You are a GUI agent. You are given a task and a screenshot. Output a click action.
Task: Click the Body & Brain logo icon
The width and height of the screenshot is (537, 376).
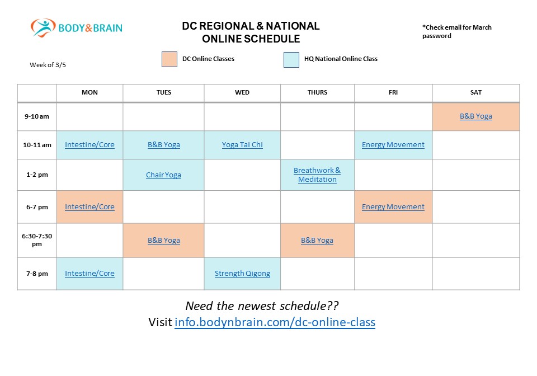click(43, 27)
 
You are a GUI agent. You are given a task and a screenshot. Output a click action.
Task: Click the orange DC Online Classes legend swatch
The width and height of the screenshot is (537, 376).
click(169, 59)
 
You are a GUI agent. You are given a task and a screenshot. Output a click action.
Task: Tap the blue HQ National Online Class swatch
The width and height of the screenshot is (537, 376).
click(291, 59)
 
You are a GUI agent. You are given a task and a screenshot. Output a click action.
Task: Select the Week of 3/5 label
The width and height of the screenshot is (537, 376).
click(48, 65)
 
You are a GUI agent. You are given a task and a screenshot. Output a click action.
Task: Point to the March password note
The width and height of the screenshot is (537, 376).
click(457, 31)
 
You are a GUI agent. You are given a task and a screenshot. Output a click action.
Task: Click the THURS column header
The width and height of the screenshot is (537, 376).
click(317, 92)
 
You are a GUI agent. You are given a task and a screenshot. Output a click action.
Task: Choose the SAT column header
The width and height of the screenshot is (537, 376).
click(475, 92)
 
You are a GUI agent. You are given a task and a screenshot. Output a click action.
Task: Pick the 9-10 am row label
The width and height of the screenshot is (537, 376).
click(36, 116)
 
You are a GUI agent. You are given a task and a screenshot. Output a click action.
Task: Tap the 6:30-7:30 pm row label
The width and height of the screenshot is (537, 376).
click(36, 240)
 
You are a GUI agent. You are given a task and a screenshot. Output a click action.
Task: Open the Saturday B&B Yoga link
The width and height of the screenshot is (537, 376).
click(476, 116)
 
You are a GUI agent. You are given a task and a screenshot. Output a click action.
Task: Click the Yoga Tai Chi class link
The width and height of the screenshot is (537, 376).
click(242, 145)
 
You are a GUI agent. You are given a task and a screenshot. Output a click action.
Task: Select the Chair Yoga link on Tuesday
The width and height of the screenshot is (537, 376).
click(163, 175)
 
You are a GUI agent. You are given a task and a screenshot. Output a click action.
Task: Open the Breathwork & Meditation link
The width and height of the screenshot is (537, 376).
click(317, 175)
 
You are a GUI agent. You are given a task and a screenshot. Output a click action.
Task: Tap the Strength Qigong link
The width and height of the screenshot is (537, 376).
click(242, 274)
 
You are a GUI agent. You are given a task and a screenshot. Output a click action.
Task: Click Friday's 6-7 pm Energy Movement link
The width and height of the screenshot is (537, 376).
click(393, 206)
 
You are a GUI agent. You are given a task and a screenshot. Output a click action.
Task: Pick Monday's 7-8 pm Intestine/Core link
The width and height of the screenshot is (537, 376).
click(89, 274)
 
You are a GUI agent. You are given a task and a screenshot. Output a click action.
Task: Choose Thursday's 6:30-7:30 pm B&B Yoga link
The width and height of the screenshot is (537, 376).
click(317, 241)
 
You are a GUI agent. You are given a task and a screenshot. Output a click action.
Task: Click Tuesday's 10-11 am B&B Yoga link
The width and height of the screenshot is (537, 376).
click(163, 145)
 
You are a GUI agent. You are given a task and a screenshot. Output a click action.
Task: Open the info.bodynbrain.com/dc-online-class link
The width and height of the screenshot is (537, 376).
click(275, 323)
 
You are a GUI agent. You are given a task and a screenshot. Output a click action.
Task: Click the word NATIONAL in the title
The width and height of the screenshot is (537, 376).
click(293, 26)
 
